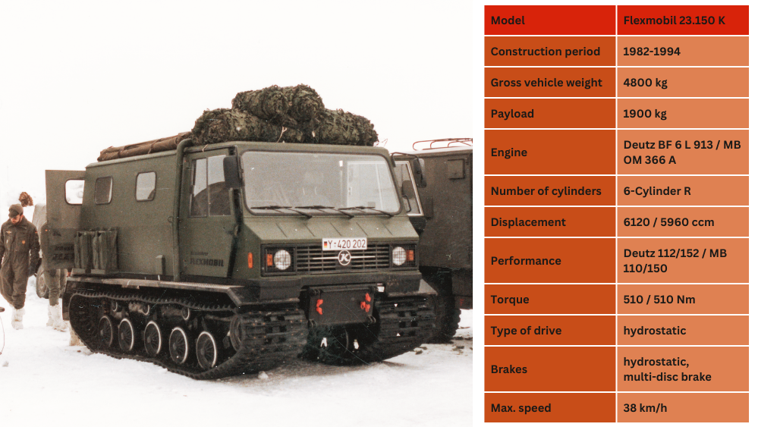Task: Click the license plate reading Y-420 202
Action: [344, 244]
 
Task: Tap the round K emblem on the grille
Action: [344, 258]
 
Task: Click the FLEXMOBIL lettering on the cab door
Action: [206, 262]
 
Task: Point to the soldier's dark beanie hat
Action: [15, 210]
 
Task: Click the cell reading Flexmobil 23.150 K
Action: [683, 20]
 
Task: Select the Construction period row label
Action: [546, 52]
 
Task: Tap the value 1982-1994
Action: [652, 52]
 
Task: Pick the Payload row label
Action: [512, 114]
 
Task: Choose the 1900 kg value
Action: [645, 114]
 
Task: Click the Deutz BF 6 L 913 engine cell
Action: [683, 152]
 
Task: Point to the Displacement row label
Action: [528, 222]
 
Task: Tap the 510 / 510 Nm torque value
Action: [659, 300]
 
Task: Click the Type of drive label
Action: [526, 331]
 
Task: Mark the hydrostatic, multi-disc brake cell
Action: [683, 369]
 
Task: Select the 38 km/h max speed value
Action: [645, 408]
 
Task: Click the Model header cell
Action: [550, 20]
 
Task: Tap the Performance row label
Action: [526, 261]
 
